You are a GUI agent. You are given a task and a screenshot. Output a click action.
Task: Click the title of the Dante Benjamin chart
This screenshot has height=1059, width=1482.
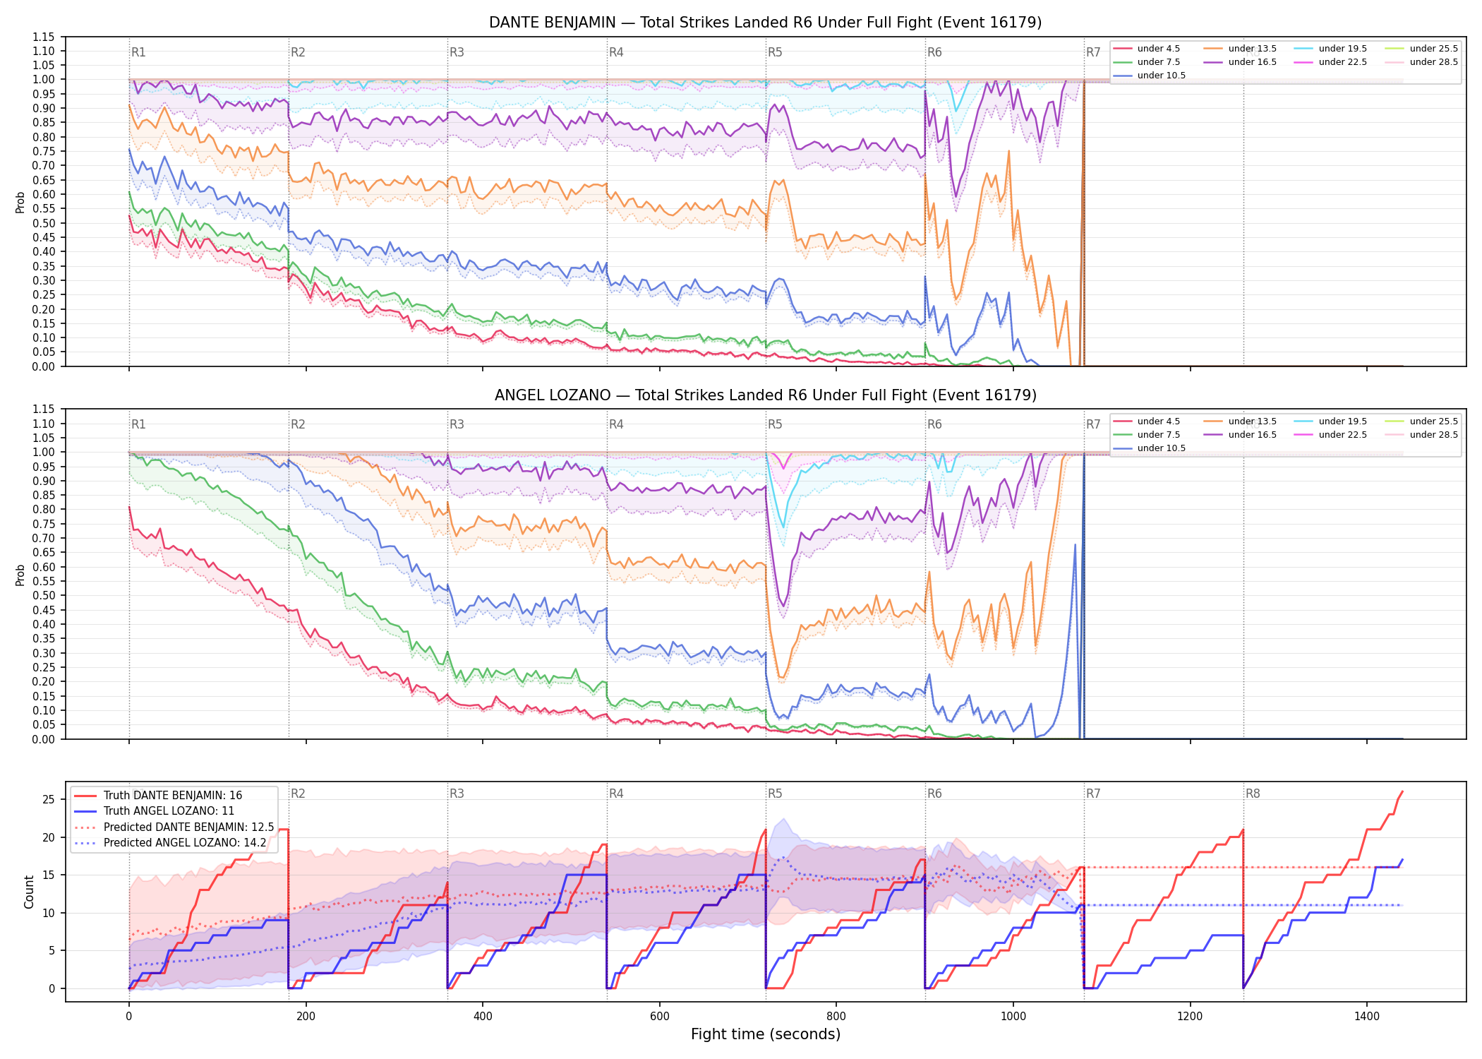[x=765, y=23]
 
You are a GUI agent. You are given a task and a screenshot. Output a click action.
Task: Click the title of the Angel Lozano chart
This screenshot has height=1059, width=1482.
[x=765, y=395]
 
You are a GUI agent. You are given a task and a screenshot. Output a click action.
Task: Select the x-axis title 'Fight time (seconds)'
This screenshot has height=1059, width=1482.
[x=766, y=1034]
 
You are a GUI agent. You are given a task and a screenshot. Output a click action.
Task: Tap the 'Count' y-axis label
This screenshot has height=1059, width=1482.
[x=29, y=892]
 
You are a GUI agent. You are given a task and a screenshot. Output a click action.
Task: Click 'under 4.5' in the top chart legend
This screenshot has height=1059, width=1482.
[x=1158, y=49]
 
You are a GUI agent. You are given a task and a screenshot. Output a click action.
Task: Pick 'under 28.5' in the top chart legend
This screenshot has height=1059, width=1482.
[x=1433, y=62]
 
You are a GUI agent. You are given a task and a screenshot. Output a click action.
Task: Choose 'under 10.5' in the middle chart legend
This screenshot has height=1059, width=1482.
[x=1161, y=448]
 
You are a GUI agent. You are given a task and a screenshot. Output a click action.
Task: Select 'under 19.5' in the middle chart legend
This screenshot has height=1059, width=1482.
[x=1342, y=421]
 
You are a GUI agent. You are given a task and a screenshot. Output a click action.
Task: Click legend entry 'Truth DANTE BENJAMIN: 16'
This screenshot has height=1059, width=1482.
[x=173, y=796]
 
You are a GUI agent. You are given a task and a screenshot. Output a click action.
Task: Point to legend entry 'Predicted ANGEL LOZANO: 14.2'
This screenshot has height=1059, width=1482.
[x=185, y=843]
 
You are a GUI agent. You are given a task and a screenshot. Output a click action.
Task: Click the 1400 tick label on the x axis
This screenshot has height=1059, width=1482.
[x=1367, y=1017]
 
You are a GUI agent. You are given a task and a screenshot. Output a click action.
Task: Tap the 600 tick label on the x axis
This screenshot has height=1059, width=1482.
[x=659, y=1017]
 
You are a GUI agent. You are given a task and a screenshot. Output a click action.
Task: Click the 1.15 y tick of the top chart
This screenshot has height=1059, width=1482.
[x=43, y=37]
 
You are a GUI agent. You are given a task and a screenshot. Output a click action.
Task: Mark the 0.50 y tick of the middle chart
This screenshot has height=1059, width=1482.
[x=43, y=596]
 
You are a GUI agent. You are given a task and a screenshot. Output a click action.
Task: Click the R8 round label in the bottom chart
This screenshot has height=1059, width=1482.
[x=1253, y=794]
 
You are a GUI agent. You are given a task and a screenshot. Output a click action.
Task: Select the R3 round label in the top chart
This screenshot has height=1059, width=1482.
[x=457, y=52]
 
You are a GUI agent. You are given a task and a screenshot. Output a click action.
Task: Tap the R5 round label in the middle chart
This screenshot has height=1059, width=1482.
[x=775, y=424]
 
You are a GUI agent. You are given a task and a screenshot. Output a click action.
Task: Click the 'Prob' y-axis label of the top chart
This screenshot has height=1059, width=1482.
[x=20, y=203]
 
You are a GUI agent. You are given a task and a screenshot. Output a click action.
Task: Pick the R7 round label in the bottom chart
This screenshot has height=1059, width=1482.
[x=1093, y=794]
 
